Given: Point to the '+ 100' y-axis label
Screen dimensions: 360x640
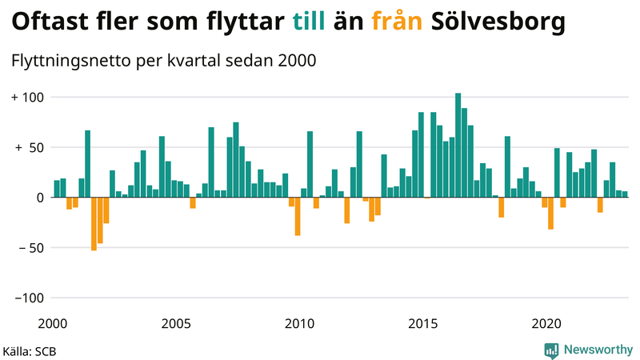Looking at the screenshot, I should coord(30,98).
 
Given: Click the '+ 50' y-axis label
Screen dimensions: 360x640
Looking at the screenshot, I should coord(30,148).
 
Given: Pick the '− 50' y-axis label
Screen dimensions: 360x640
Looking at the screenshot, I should coord(30,248).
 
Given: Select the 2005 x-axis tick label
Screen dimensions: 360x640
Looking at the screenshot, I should coord(176,323).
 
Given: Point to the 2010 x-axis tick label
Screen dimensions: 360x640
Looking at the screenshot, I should coord(299,323).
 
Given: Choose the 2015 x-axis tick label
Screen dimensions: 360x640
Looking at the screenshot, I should coord(422,323).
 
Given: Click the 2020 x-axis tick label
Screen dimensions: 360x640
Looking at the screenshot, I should coord(546,323).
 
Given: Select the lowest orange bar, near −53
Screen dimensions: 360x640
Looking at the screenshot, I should coord(94,224).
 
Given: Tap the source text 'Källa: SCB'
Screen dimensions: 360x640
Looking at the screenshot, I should coord(30,350).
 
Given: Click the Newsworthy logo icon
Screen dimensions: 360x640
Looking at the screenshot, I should coord(551,350).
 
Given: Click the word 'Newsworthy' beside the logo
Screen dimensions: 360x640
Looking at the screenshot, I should coord(597,350).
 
